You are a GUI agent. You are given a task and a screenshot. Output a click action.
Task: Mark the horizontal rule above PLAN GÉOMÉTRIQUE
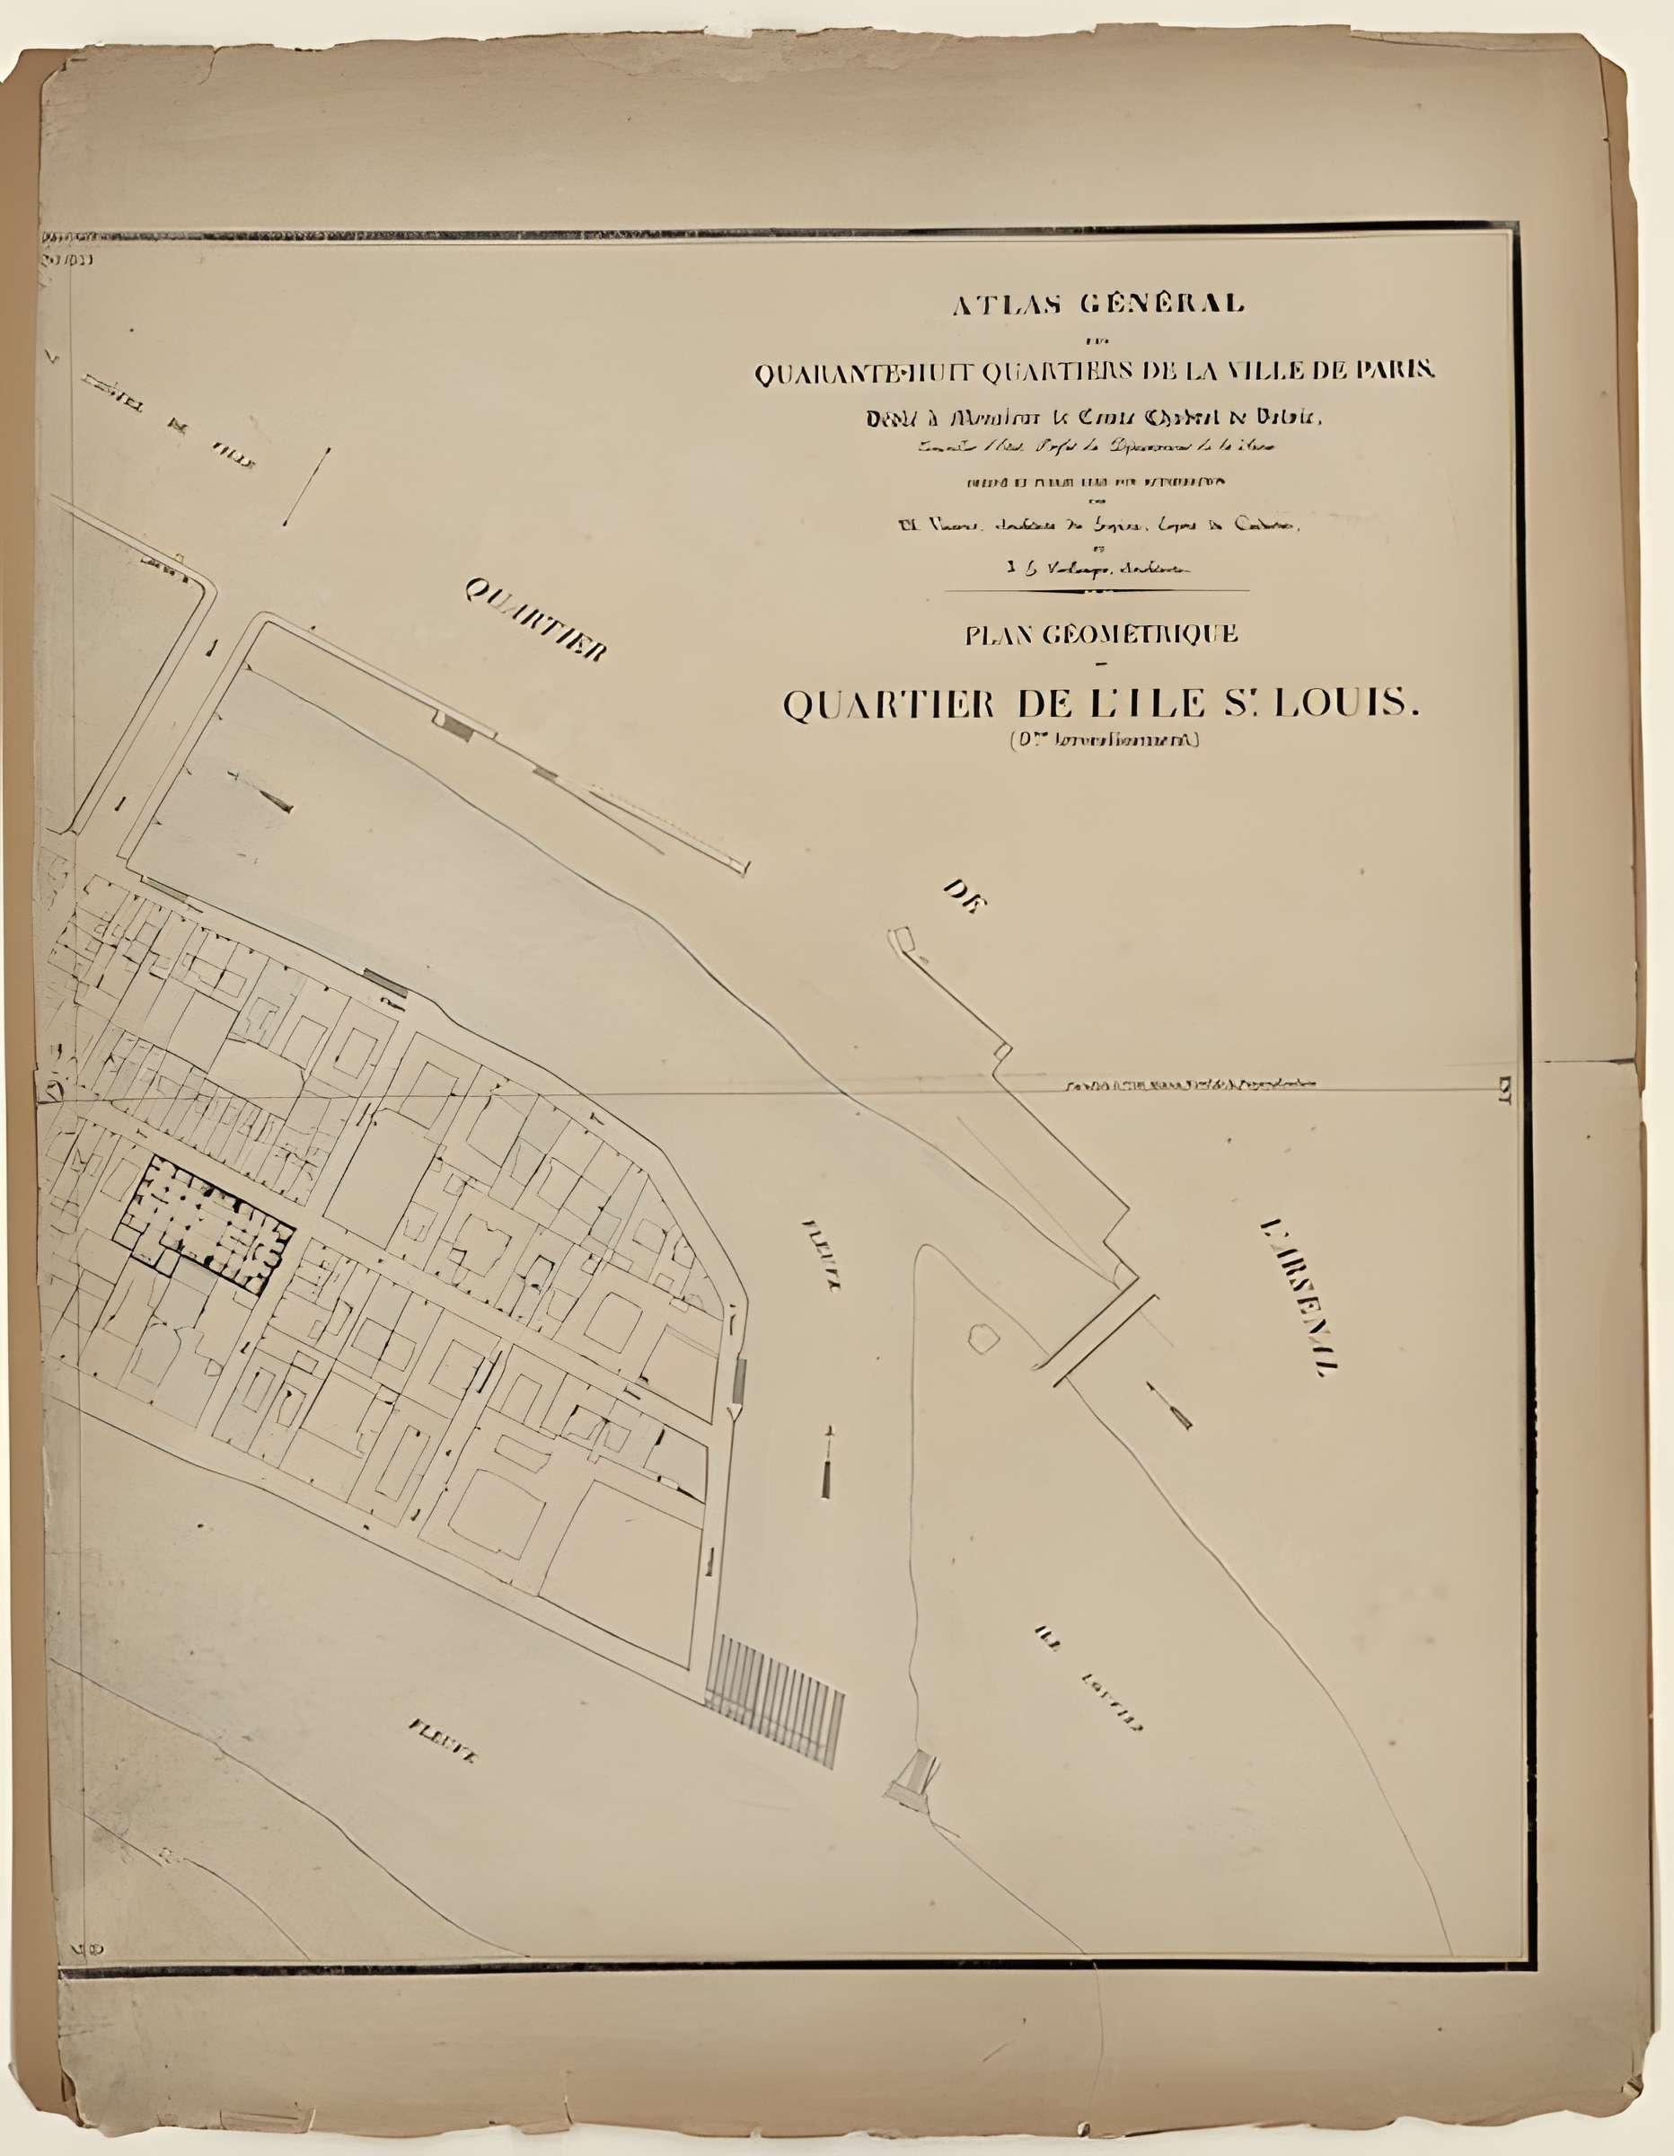(x=1097, y=590)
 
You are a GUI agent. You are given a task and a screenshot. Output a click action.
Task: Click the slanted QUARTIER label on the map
(x=535, y=618)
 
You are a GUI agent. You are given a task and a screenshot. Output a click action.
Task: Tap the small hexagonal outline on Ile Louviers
(x=983, y=1338)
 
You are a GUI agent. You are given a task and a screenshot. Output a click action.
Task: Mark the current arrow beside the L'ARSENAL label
(x=1169, y=1406)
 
